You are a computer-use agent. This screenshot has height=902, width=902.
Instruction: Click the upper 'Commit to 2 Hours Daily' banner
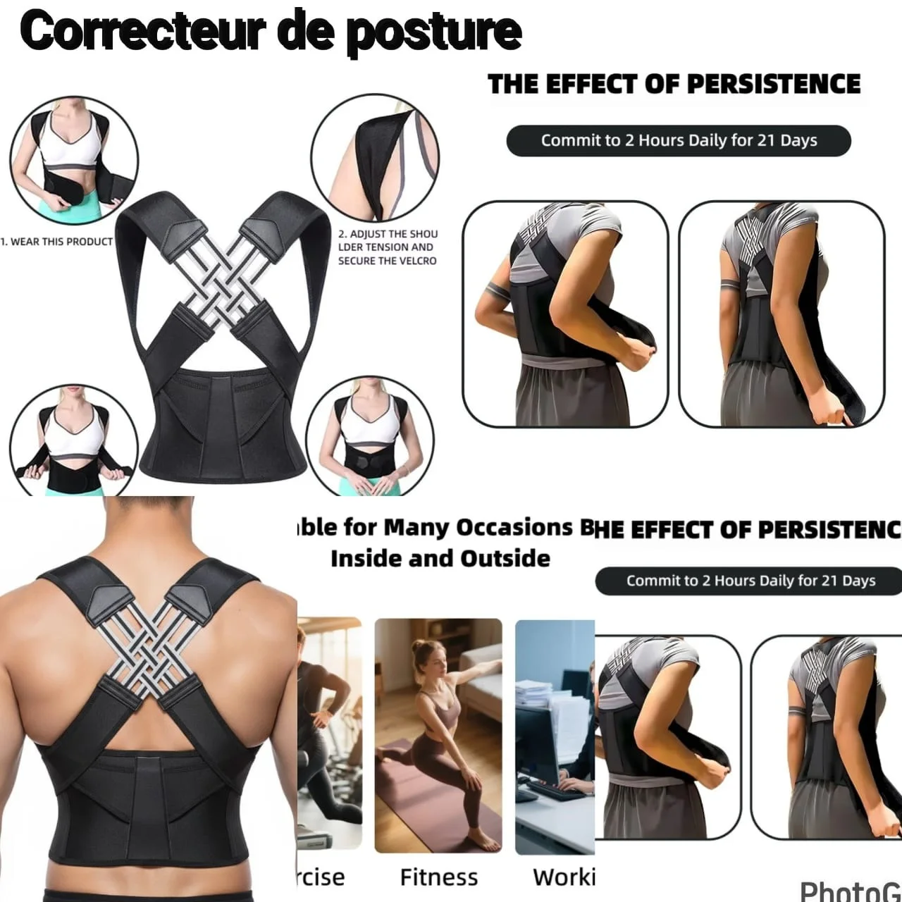[678, 140]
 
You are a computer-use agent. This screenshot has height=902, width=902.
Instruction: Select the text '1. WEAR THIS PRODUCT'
[56, 242]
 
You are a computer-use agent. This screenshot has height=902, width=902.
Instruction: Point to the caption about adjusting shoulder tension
[388, 247]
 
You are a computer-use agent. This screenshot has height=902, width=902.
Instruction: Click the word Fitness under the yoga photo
[438, 877]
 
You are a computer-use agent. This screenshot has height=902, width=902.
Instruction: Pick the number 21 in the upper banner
[767, 140]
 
